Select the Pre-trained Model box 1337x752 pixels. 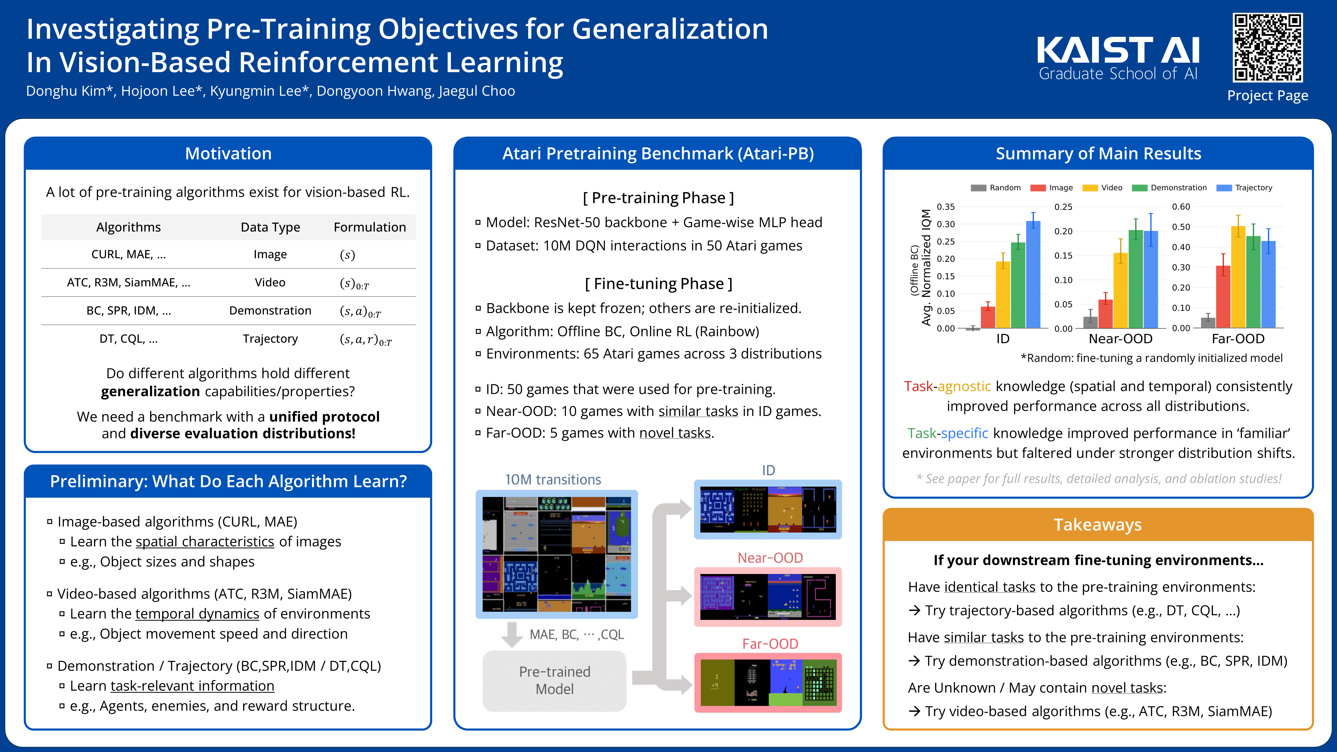554,680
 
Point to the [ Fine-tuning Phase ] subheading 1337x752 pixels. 658,284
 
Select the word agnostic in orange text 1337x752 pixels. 964,387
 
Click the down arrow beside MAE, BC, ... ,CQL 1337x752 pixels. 512,634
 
